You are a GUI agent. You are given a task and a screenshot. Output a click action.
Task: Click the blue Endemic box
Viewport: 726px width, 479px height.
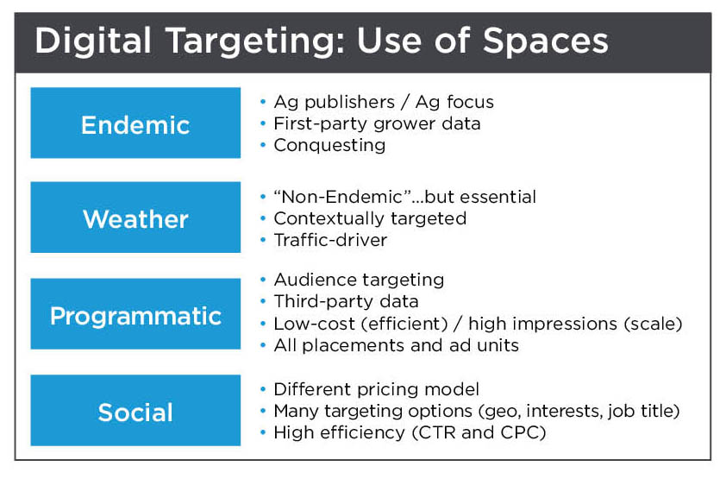tap(135, 123)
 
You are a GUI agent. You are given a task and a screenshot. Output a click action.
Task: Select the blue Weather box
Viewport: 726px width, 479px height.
tap(135, 217)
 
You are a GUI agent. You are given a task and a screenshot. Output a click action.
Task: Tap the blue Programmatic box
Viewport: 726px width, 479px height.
tap(135, 314)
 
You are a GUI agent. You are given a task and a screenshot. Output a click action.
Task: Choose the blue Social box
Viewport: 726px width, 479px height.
tap(135, 411)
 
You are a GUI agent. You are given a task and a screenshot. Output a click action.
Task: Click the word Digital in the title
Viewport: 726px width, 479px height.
tap(87, 41)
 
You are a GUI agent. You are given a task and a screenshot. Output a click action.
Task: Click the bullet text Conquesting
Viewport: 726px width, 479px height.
tap(329, 145)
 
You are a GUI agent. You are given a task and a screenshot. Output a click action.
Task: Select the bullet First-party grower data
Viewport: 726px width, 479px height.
tap(377, 123)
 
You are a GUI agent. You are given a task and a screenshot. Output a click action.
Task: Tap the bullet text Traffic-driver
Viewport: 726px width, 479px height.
tap(330, 240)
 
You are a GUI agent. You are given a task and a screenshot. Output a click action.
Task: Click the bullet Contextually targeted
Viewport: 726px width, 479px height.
tap(370, 218)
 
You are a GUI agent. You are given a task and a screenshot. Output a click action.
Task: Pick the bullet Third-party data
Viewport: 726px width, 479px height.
tap(346, 301)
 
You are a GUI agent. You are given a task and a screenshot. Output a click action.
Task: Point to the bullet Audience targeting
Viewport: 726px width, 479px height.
tap(359, 280)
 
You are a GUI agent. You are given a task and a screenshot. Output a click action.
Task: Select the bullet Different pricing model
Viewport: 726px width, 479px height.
tap(376, 389)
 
